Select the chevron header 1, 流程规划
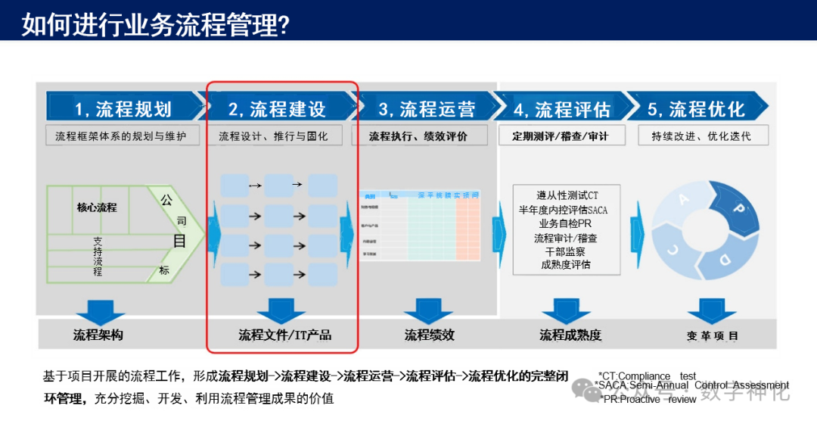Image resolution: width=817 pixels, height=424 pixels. click(123, 109)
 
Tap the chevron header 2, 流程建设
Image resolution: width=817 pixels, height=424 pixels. click(277, 109)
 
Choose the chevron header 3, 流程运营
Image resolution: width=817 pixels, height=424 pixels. click(427, 109)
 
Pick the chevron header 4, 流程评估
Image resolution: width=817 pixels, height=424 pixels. click(561, 109)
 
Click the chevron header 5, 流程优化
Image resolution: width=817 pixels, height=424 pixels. click(696, 109)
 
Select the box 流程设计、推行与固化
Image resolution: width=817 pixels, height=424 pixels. click(277, 136)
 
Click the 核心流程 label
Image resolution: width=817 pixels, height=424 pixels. click(97, 207)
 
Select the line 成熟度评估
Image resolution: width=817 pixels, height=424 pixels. click(566, 264)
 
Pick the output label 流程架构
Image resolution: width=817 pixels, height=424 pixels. click(98, 335)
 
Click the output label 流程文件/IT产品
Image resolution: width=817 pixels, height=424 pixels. click(285, 335)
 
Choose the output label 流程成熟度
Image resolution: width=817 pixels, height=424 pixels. click(570, 335)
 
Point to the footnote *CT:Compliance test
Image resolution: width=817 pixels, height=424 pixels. click(647, 376)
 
